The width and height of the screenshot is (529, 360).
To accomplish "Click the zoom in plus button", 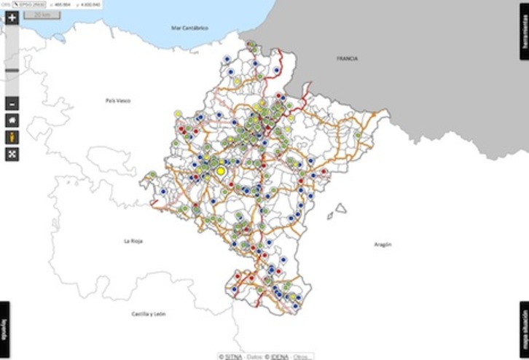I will pyautogui.click(x=12, y=18).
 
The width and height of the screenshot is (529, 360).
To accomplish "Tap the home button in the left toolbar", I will pyautogui.click(x=12, y=120).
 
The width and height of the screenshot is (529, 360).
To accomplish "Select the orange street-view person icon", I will pyautogui.click(x=12, y=137).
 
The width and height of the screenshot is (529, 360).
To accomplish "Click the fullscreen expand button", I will pyautogui.click(x=12, y=154).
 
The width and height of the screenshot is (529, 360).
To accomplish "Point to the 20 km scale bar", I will pyautogui.click(x=36, y=15).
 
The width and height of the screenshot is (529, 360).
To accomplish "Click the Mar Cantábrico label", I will pyautogui.click(x=189, y=28).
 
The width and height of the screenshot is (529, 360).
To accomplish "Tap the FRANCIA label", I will pyautogui.click(x=347, y=58).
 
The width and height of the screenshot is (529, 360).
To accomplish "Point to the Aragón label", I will pyautogui.click(x=383, y=245).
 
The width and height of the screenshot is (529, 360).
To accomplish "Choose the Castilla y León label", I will pyautogui.click(x=149, y=314).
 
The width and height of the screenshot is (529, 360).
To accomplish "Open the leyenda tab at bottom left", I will pyautogui.click(x=4, y=330).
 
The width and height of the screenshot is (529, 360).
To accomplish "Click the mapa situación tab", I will pyautogui.click(x=524, y=330).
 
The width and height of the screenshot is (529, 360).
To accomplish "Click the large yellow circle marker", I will pyautogui.click(x=221, y=171).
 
